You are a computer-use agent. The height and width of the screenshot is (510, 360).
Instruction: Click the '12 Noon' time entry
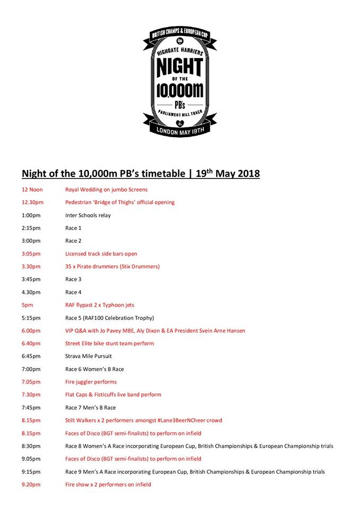point(32,190)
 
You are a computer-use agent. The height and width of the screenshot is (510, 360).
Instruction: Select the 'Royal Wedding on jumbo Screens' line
point(106,190)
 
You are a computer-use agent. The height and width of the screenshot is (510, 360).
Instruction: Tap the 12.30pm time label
point(32,202)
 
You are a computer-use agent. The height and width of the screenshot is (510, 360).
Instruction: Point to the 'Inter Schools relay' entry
point(88,215)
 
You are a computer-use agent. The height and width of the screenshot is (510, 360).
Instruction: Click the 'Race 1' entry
point(73,228)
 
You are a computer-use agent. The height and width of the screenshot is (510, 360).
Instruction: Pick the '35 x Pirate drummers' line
point(112,267)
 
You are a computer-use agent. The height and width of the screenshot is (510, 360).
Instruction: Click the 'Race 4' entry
point(73,292)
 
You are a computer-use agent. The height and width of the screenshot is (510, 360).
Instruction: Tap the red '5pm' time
point(27,305)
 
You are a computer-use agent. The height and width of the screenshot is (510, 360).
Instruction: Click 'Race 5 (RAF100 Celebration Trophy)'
point(109,318)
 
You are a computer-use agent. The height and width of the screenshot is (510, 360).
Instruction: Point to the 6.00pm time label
point(32,330)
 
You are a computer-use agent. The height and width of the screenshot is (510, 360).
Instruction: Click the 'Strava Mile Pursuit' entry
point(88,356)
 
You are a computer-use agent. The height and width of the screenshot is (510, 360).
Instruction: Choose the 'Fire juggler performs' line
point(91,382)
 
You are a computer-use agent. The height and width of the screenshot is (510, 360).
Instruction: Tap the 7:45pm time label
point(31,407)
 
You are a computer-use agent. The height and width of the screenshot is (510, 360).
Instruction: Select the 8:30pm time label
point(31,446)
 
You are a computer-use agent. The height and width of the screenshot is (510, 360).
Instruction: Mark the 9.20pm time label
point(32,484)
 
